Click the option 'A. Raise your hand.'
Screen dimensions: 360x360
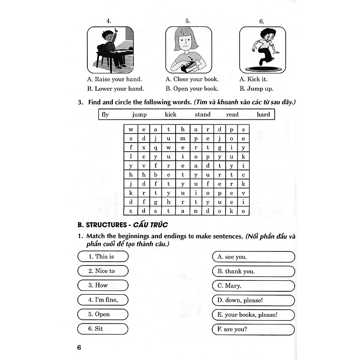pos(114,79)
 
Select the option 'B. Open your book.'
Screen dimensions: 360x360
pos(192,89)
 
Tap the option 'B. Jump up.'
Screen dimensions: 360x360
pos(256,89)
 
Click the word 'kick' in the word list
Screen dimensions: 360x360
pos(170,115)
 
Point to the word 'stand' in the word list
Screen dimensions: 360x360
pos(203,115)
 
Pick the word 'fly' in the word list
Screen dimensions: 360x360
pos(106,115)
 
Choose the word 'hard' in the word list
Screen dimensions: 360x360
pos(263,115)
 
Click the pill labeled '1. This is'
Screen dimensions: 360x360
pos(103,257)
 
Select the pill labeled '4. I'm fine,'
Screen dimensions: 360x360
pos(103,300)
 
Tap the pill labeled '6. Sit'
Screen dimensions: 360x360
pos(103,329)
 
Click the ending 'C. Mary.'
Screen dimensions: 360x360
pos(253,286)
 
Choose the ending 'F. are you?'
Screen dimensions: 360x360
pos(253,330)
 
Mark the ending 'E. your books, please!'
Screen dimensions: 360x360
pos(253,315)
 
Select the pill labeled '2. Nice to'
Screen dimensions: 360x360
pos(103,271)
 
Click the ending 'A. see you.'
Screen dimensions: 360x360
pos(253,257)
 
